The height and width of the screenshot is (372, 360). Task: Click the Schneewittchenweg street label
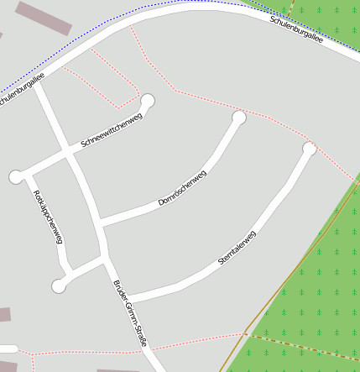(112, 130)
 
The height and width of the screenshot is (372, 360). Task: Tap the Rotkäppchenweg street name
(49, 217)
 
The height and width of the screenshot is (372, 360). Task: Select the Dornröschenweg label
(182, 189)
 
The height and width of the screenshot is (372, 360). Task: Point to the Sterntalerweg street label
(237, 249)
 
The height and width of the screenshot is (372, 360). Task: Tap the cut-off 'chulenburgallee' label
(20, 89)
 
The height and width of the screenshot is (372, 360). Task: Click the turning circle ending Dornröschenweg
(239, 118)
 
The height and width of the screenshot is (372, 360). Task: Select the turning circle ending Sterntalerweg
(310, 149)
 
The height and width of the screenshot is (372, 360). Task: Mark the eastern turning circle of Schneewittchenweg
(149, 102)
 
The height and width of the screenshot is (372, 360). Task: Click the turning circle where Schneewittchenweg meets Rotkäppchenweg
(15, 176)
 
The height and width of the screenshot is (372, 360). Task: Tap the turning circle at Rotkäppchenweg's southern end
(58, 286)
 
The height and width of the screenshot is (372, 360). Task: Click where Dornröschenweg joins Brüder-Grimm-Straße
(99, 223)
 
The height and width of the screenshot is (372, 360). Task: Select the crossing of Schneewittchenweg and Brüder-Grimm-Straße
(66, 153)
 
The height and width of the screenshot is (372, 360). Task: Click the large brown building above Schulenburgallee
(44, 18)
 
